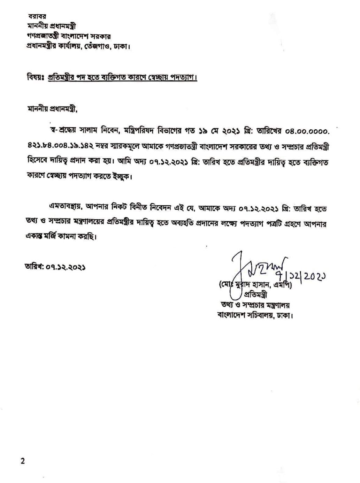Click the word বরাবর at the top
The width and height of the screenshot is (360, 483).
(37, 16)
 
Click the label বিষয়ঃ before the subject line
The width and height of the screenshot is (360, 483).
(34, 77)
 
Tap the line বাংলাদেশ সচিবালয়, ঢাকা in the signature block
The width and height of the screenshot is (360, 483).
(255, 316)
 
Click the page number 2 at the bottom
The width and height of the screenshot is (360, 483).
(23, 461)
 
